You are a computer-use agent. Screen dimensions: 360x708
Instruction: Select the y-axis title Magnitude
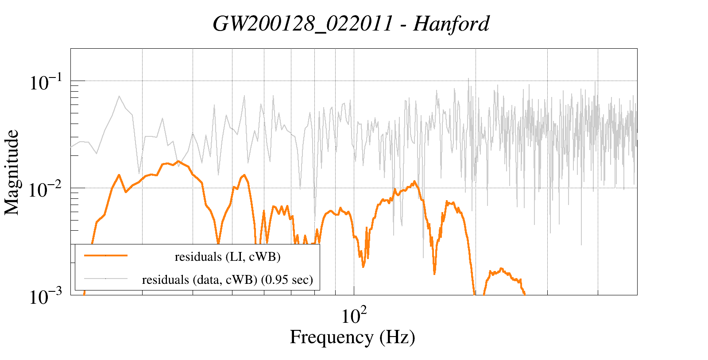pos(12,172)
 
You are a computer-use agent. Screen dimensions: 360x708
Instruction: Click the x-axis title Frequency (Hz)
pos(352,337)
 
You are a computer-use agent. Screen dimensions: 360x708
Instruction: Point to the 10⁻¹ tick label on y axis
pos(46,83)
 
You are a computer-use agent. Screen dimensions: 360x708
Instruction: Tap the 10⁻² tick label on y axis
pos(46,190)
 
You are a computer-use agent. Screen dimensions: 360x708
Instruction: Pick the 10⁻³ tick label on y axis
pos(46,297)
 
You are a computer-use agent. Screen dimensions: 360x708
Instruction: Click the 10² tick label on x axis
pos(354,315)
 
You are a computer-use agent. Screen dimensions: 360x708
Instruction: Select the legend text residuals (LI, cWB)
pos(228,257)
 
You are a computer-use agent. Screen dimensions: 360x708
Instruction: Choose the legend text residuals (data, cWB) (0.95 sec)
pos(228,280)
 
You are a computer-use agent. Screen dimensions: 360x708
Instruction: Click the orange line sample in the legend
pos(106,255)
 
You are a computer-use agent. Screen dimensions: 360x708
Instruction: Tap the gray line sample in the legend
pos(106,279)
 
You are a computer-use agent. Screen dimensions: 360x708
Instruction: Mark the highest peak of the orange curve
pos(178,161)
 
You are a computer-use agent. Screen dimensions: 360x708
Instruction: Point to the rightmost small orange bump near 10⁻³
pos(501,268)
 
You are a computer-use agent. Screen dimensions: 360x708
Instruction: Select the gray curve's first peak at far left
pos(119,96)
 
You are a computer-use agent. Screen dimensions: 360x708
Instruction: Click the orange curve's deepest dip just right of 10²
pos(364,267)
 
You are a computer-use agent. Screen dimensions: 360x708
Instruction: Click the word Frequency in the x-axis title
pos(331,337)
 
